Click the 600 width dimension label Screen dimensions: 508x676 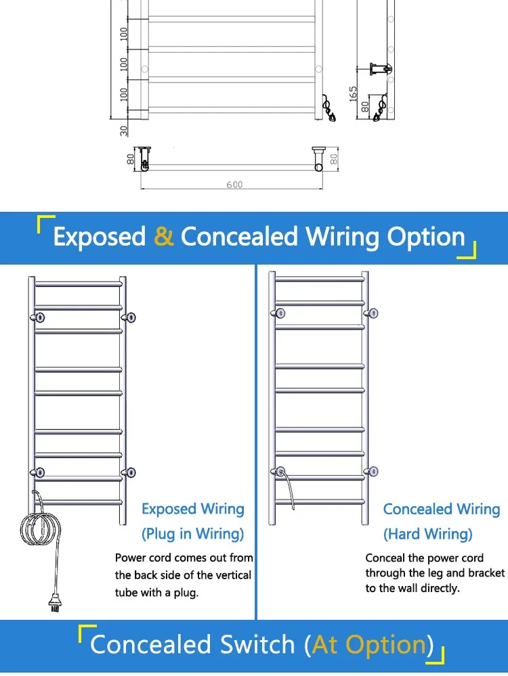(234, 185)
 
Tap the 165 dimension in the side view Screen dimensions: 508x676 (353, 94)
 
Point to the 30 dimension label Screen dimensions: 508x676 (124, 131)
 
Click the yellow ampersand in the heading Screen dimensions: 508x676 (164, 237)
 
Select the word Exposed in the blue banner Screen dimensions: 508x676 (100, 238)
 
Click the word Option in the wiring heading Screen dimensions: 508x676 (425, 238)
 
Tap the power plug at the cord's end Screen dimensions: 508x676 (55, 603)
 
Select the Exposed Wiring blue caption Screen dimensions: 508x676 (193, 509)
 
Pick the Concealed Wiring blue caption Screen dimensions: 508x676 (442, 509)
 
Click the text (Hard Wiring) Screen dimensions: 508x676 (427, 534)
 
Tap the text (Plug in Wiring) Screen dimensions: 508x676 (192, 534)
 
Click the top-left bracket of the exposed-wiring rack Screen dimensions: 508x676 (38, 318)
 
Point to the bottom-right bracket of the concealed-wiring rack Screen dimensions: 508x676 (372, 471)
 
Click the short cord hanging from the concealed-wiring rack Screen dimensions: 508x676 (288, 489)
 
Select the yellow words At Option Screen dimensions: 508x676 (369, 644)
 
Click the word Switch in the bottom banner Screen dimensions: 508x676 (257, 644)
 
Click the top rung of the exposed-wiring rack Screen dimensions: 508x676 (78, 284)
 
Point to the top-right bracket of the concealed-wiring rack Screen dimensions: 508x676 (372, 313)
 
